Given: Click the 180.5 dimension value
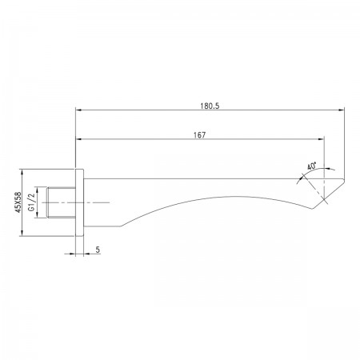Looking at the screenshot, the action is (210, 106).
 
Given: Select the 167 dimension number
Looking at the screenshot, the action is (200, 135).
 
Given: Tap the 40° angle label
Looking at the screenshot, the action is (311, 166).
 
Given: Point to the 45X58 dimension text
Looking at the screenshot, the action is (18, 202).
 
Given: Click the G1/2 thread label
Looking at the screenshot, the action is (32, 202).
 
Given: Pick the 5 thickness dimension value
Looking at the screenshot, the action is (98, 250).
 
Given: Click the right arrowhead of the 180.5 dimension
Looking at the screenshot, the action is (341, 110).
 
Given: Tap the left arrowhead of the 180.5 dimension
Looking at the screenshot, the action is (79, 110).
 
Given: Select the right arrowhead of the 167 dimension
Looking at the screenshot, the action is (321, 139).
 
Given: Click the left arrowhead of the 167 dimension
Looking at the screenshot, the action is (79, 139).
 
